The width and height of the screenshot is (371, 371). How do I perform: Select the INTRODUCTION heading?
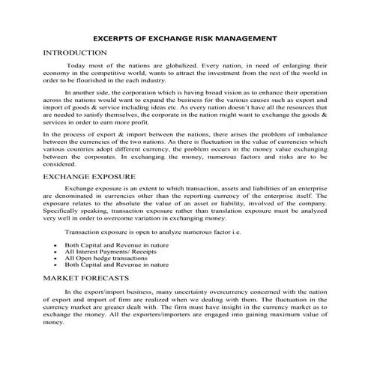click(x=75, y=52)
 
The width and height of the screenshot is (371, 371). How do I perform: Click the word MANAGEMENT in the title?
click(x=253, y=37)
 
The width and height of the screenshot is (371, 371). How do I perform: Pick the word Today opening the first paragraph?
click(x=79, y=67)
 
